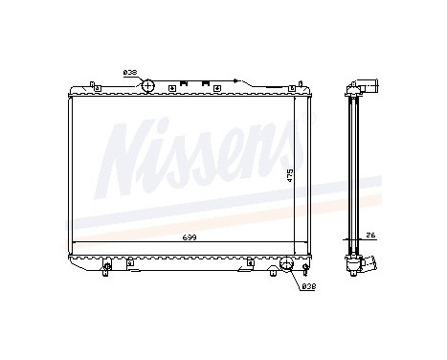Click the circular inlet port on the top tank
[x=148, y=86]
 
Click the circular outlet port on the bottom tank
[x=282, y=263]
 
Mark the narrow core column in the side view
[x=353, y=172]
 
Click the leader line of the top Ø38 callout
[x=141, y=75]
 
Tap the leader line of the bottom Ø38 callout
[x=292, y=278]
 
